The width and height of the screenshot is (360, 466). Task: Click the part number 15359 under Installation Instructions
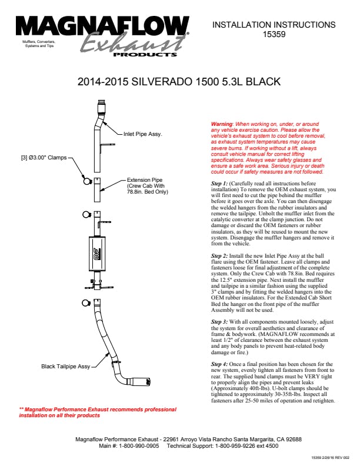pyautogui.click(x=274, y=35)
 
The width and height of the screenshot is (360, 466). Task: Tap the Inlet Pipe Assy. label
pyautogui.click(x=142, y=134)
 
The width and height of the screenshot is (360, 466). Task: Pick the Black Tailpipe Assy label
pyautogui.click(x=65, y=366)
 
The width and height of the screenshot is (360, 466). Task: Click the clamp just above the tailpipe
pyautogui.click(x=85, y=304)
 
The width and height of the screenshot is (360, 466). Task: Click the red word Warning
pyautogui.click(x=222, y=125)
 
